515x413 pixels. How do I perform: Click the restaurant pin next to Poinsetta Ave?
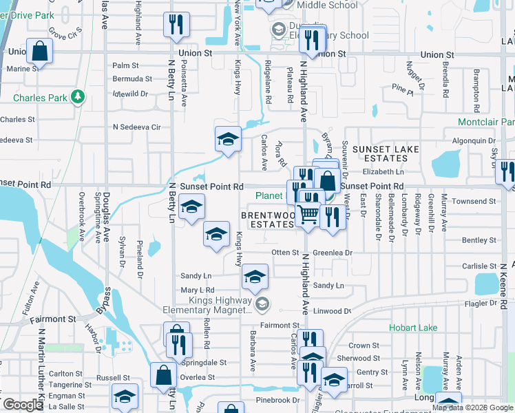pos(176,25)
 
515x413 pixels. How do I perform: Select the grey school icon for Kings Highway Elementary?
pos(262,304)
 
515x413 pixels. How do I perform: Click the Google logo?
pos(22,405)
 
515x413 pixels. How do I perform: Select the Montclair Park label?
pos(486,122)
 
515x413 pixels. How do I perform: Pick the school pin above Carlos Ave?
pos(228,139)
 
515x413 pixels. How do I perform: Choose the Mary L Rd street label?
pos(198,290)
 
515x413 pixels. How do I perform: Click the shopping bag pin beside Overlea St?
pos(164,376)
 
